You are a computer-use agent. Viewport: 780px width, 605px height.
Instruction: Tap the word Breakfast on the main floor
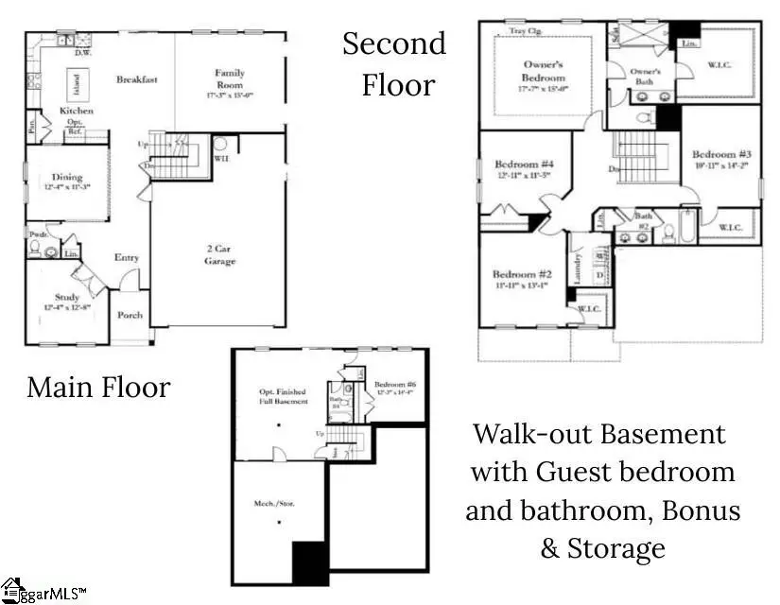pyautogui.click(x=136, y=79)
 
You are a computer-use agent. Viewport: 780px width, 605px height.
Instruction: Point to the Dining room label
pyautogui.click(x=67, y=178)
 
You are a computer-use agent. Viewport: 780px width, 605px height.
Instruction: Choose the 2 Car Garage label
pyautogui.click(x=220, y=254)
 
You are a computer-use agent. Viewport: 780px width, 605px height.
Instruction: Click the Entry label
pyautogui.click(x=127, y=257)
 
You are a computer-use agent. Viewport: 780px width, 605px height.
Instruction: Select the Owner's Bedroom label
pyautogui.click(x=544, y=71)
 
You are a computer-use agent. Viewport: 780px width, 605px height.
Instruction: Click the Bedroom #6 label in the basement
pyautogui.click(x=395, y=385)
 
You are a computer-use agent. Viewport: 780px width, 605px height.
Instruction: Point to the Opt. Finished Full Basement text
pyautogui.click(x=284, y=396)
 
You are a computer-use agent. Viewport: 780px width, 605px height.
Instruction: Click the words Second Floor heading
pyautogui.click(x=394, y=63)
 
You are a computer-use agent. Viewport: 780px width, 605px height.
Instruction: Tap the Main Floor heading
pyautogui.click(x=98, y=386)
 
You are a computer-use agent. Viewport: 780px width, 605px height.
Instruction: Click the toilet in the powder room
pyautogui.click(x=36, y=251)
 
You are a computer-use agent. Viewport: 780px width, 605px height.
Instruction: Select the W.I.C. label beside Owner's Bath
pyautogui.click(x=720, y=65)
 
